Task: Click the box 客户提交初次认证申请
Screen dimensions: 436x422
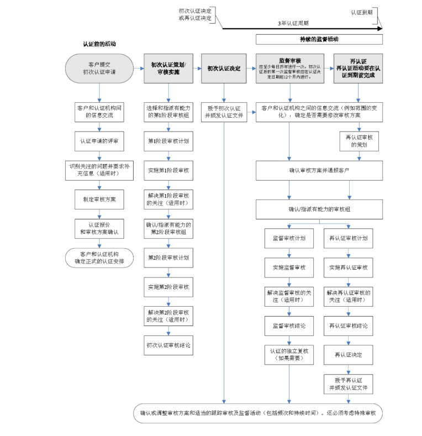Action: tap(99, 68)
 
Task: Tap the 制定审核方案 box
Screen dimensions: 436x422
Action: tap(99, 199)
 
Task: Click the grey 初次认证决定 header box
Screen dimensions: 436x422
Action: tap(224, 68)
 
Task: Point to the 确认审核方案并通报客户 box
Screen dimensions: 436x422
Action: tap(319, 170)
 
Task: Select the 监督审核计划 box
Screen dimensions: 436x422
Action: tap(289, 238)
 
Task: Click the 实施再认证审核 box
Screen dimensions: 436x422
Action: tap(348, 267)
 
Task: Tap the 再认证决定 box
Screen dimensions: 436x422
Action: tap(348, 354)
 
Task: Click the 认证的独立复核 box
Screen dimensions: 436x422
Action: tap(289, 354)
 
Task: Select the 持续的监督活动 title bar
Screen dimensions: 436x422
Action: tap(319, 39)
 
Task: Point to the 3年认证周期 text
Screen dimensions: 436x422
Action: tap(293, 23)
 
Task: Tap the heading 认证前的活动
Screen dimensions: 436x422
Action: tap(99, 44)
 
